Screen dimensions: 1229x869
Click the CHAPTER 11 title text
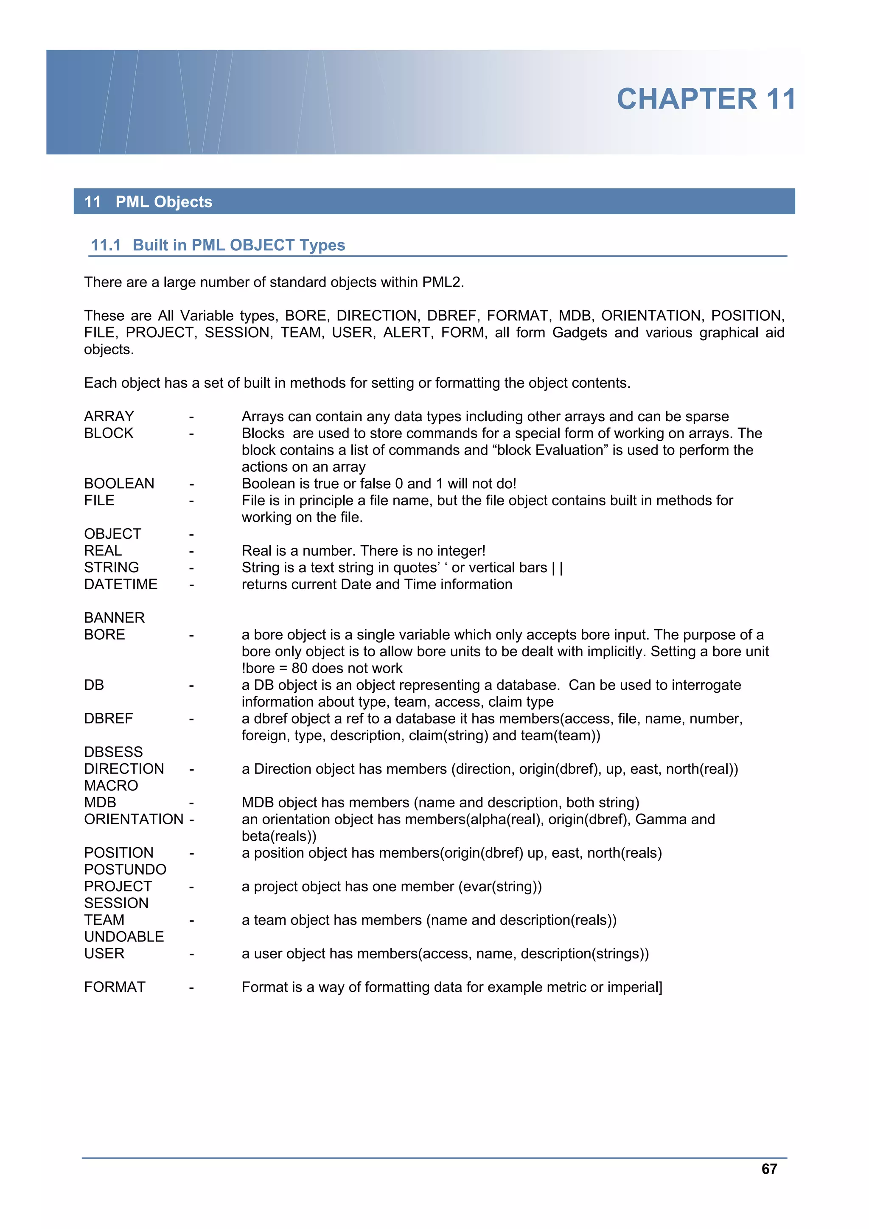tap(706, 100)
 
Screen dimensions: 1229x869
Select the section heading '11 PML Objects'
tap(149, 202)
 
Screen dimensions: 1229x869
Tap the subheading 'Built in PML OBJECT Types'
tap(239, 245)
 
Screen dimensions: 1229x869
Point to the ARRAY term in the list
tap(109, 417)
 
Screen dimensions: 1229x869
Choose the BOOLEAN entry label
tap(119, 484)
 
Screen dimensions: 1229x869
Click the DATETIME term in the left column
tap(121, 585)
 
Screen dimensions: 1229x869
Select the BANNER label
tap(114, 618)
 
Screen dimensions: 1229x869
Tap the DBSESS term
tap(114, 752)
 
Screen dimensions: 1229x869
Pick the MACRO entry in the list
tap(111, 786)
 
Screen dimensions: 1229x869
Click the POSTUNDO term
tap(125, 869)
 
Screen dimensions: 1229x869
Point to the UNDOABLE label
tap(123, 937)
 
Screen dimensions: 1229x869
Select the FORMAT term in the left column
tap(115, 987)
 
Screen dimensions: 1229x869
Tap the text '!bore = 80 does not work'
tap(322, 669)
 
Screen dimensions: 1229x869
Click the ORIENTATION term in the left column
tap(133, 820)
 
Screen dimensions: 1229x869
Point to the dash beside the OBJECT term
tap(191, 534)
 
